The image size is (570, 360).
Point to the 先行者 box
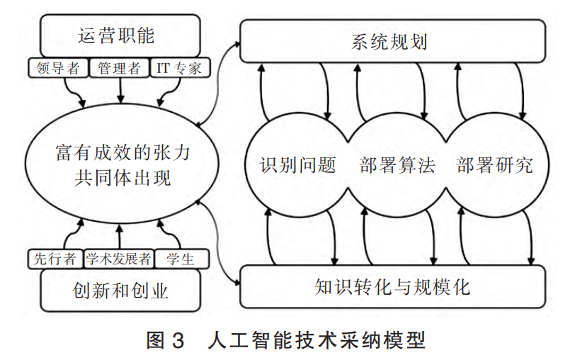55,259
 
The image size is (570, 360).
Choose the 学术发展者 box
118,259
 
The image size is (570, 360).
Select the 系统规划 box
393,40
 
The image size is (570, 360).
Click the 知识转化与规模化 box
393,288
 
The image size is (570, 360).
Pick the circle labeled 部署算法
393,165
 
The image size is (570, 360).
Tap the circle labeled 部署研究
494,165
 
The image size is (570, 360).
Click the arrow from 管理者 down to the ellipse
120,90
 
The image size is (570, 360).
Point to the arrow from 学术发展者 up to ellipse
120,237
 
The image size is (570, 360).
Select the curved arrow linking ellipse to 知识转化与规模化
217,244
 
